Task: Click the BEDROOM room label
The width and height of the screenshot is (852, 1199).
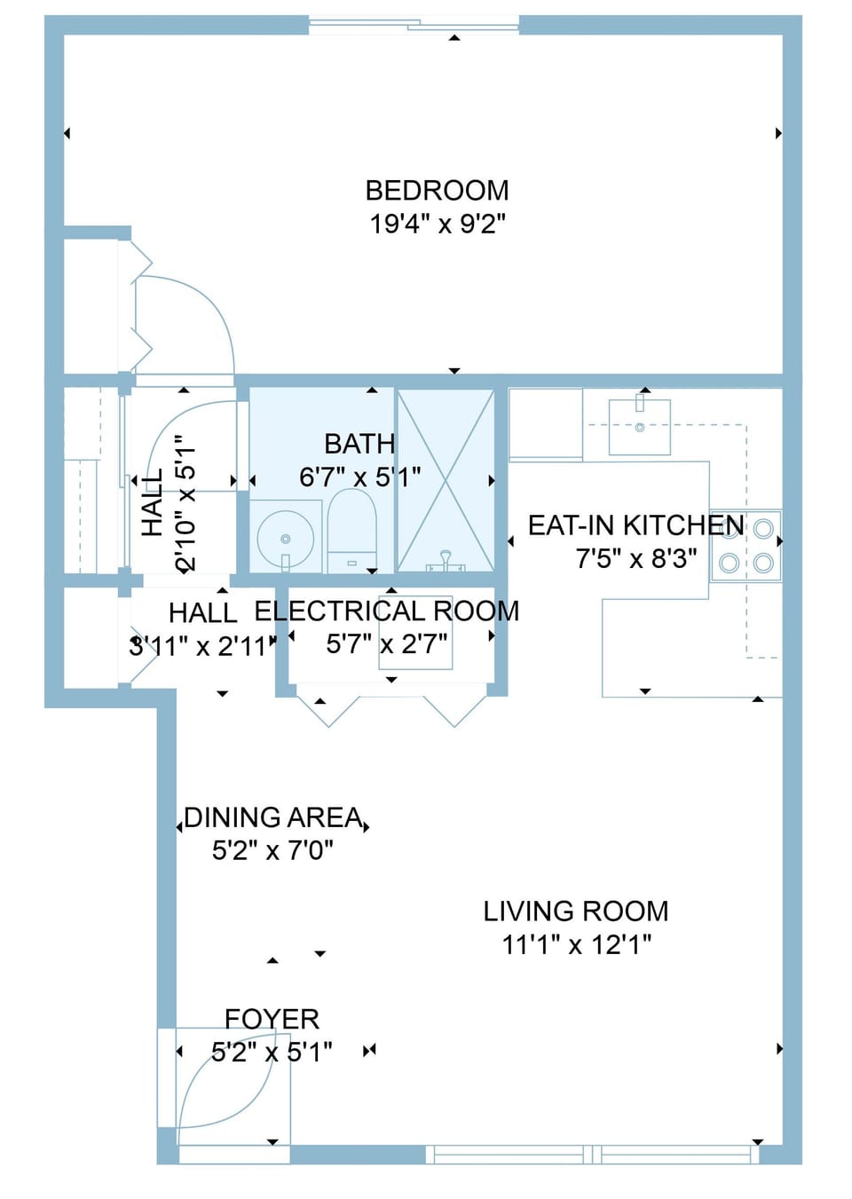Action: pyautogui.click(x=437, y=191)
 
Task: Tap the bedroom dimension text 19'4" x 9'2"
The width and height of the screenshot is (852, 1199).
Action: pyautogui.click(x=437, y=224)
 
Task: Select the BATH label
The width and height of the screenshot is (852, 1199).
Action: pyautogui.click(x=359, y=444)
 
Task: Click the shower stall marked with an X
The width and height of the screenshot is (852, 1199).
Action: pyautogui.click(x=446, y=480)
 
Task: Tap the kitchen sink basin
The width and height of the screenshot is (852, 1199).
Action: pyautogui.click(x=639, y=427)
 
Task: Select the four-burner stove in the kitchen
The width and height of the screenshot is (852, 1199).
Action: pyautogui.click(x=745, y=546)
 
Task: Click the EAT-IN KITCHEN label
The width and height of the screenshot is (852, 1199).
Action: pyautogui.click(x=635, y=525)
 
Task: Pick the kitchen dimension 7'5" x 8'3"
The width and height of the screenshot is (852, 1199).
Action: pyautogui.click(x=635, y=559)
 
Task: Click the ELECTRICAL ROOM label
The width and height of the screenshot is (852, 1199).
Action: pyautogui.click(x=386, y=611)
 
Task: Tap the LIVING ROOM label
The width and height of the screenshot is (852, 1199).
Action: pyautogui.click(x=575, y=911)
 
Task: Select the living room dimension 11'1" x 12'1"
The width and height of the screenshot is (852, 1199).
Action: pyautogui.click(x=576, y=944)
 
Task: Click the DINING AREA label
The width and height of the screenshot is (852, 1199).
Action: pyautogui.click(x=272, y=817)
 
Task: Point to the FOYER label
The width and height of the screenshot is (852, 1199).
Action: pyautogui.click(x=272, y=1019)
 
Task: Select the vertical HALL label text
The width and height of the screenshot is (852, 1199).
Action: pyautogui.click(x=153, y=502)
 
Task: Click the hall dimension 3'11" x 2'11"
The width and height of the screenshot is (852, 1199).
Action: pyautogui.click(x=202, y=646)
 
